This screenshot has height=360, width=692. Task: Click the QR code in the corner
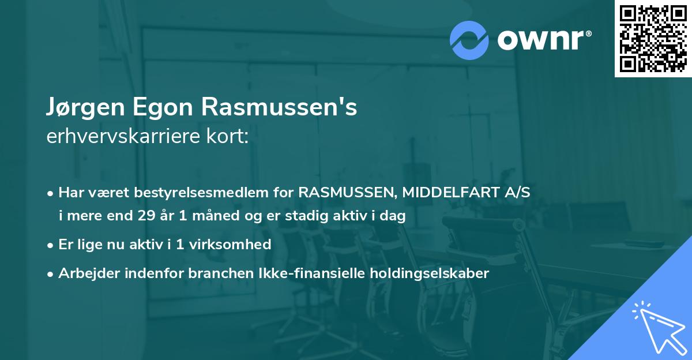click(x=653, y=39)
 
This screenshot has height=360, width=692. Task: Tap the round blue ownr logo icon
click(x=469, y=40)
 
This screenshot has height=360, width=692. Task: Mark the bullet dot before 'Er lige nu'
click(x=51, y=245)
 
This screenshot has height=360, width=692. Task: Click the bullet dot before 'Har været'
click(x=51, y=193)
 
